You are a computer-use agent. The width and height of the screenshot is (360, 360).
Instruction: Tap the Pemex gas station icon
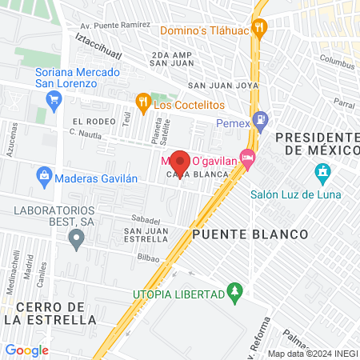(x=260, y=121)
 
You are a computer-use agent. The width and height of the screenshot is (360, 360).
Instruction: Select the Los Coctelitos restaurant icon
(x=143, y=102)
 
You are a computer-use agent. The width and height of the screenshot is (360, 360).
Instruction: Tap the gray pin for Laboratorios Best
(x=76, y=237)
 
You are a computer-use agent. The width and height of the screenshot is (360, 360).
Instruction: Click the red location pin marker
(x=179, y=162)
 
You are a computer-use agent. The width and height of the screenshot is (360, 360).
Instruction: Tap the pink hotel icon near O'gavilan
(x=248, y=159)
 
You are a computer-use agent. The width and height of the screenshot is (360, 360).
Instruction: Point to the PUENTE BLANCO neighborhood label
(x=250, y=234)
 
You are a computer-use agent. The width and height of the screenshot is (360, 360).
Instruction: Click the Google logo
(x=26, y=350)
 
